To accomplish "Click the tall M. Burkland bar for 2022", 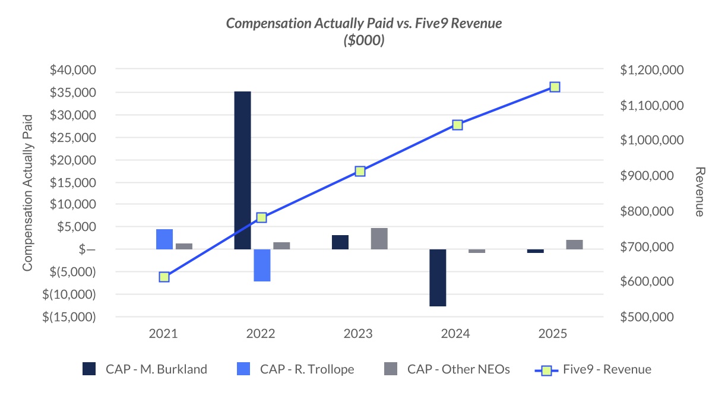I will [x=242, y=170].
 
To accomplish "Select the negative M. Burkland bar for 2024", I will [x=438, y=277].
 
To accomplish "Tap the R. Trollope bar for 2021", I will [x=164, y=239].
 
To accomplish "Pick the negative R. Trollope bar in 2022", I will [x=262, y=265].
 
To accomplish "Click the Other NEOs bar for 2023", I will [x=379, y=238].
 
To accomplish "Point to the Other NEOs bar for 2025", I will [x=574, y=244].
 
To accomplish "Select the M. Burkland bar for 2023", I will [x=340, y=242].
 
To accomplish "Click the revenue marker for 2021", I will [x=164, y=277].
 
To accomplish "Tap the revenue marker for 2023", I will [x=360, y=171].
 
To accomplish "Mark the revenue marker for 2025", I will [x=555, y=87].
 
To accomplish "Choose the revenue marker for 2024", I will [x=457, y=125].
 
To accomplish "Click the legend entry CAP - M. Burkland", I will [x=145, y=369].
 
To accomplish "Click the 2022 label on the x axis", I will [x=261, y=333].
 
